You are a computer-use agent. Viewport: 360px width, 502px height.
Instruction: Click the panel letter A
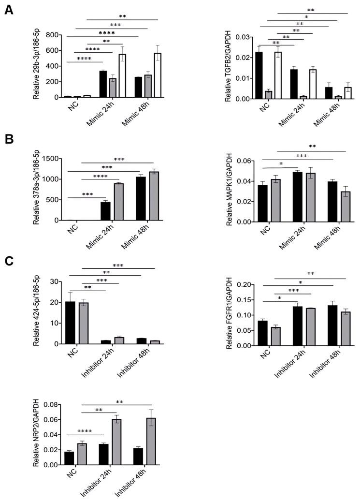pos(9,10)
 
